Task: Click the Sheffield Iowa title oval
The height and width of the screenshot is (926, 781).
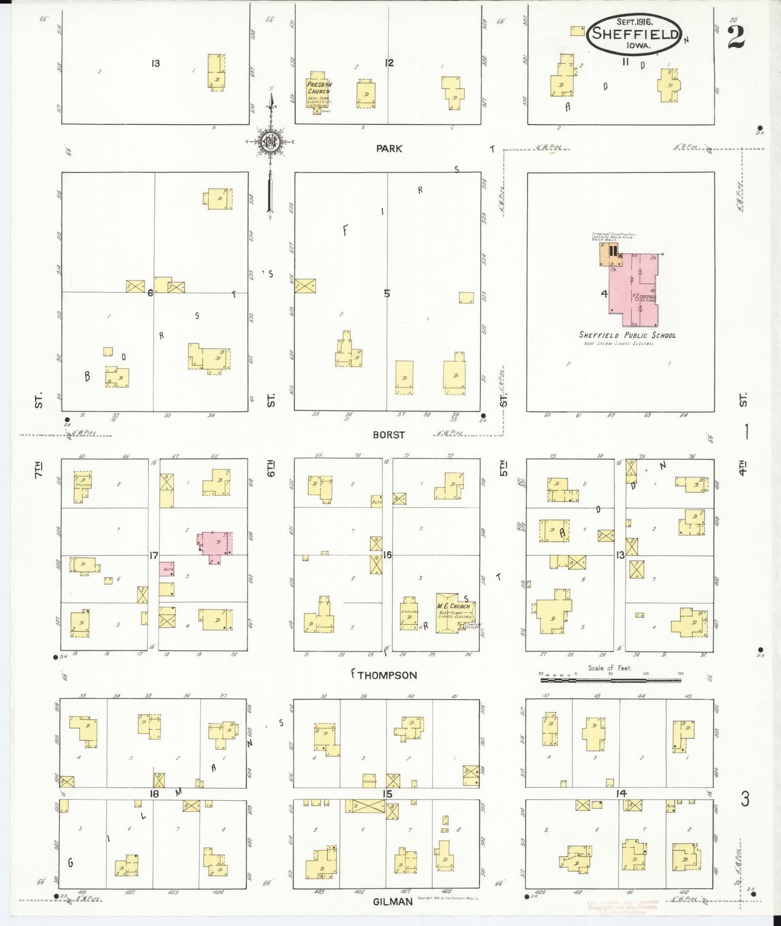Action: click(x=635, y=34)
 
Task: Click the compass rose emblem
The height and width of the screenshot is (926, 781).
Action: click(x=269, y=142)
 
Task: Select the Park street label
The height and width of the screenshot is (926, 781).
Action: click(x=389, y=149)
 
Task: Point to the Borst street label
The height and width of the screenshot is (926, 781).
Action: click(x=389, y=435)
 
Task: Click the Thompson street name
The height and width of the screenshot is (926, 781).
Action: click(x=388, y=675)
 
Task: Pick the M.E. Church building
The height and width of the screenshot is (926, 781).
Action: click(x=455, y=612)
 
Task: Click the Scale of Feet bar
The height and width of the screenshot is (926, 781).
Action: click(x=610, y=680)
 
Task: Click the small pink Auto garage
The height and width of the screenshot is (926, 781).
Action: click(x=166, y=569)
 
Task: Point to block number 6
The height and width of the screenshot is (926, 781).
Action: click(x=150, y=293)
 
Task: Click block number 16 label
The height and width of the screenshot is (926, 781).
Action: click(x=387, y=555)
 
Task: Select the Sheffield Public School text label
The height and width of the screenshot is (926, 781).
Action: click(x=627, y=335)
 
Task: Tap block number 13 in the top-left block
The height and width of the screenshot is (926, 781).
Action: click(x=156, y=64)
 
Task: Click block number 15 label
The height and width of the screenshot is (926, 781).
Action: click(x=387, y=794)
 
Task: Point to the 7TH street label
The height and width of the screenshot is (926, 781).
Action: click(x=38, y=469)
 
